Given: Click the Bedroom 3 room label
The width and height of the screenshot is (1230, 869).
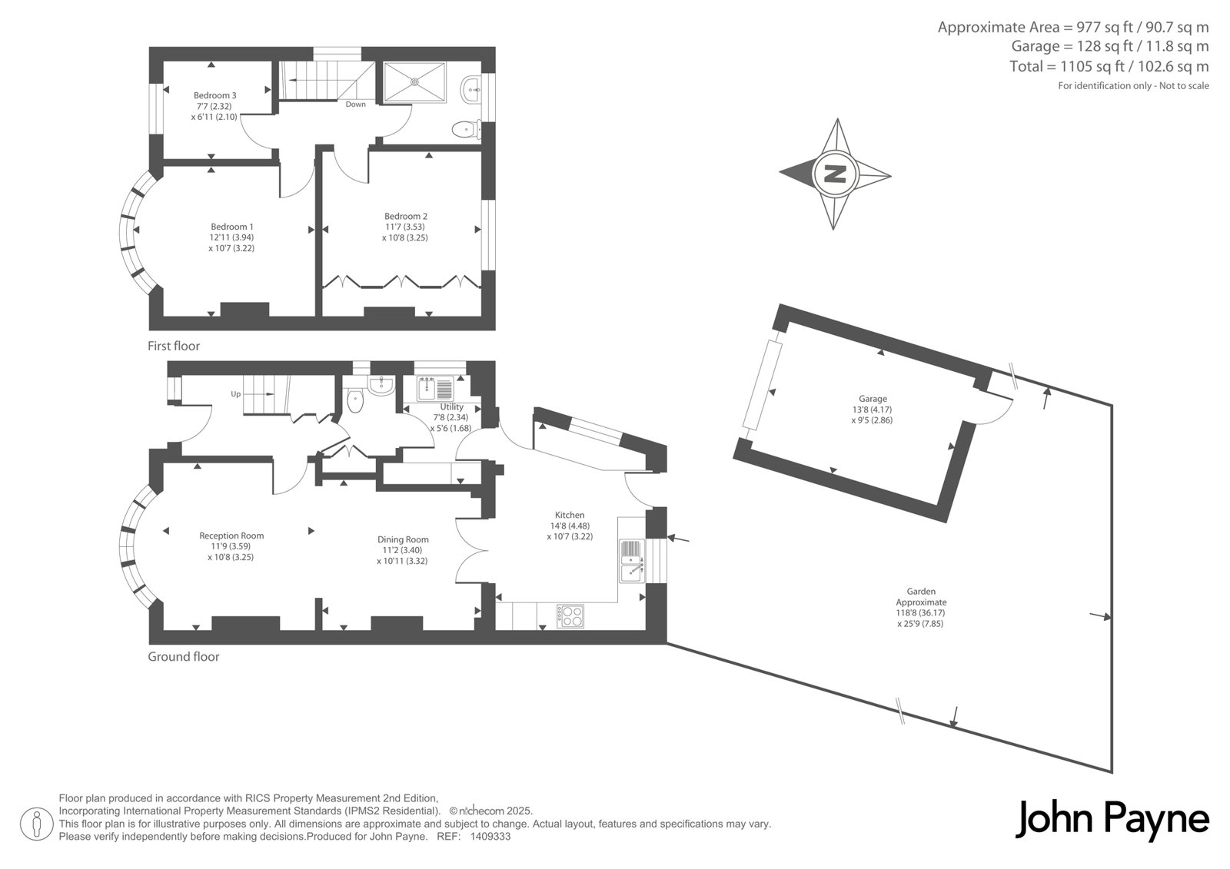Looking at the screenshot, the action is pos(214,95).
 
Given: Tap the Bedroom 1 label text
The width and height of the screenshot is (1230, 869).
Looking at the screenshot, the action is pos(232,227).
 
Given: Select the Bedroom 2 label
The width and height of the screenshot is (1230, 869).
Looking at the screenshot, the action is pos(406,216).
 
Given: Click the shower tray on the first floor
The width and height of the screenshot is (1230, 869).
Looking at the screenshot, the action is pos(414,81).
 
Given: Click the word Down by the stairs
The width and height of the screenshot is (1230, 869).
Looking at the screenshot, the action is pos(356,104).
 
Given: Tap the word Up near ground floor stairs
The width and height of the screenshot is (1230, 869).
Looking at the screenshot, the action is pos(235,394).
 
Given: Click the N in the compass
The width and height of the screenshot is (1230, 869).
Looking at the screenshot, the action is pos(835,174).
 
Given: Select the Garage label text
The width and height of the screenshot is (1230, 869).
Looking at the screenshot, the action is pos(873,399).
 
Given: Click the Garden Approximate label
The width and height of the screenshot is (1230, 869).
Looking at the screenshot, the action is pos(921,597).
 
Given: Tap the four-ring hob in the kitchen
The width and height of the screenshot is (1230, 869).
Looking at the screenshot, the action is pos(570,616).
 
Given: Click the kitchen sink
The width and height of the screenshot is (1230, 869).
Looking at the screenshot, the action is pos(632,561).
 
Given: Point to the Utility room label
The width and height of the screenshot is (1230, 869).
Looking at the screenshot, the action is pos(452,406).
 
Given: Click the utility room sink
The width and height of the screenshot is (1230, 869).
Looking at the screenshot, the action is pos(435,388).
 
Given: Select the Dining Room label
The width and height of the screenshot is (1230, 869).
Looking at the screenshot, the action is pos(403,539).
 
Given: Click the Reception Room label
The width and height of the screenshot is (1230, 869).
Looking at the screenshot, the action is pos(231,536).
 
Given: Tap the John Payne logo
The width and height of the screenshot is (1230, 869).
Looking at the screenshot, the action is pos(1112,820).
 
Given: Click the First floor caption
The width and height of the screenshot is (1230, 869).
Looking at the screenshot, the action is pos(174,346).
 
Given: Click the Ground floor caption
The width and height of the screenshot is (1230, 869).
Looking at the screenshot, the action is pos(184,657).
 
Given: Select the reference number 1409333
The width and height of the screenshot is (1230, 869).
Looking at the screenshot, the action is pos(490,837).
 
